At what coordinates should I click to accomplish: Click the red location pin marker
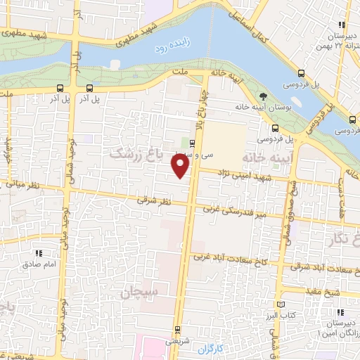(x=181, y=166)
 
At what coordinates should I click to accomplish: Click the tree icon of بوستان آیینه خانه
(x=264, y=96)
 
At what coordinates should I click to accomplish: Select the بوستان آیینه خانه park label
(x=264, y=106)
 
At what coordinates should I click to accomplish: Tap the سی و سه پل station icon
(x=193, y=141)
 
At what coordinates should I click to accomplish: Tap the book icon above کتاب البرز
(x=283, y=302)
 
